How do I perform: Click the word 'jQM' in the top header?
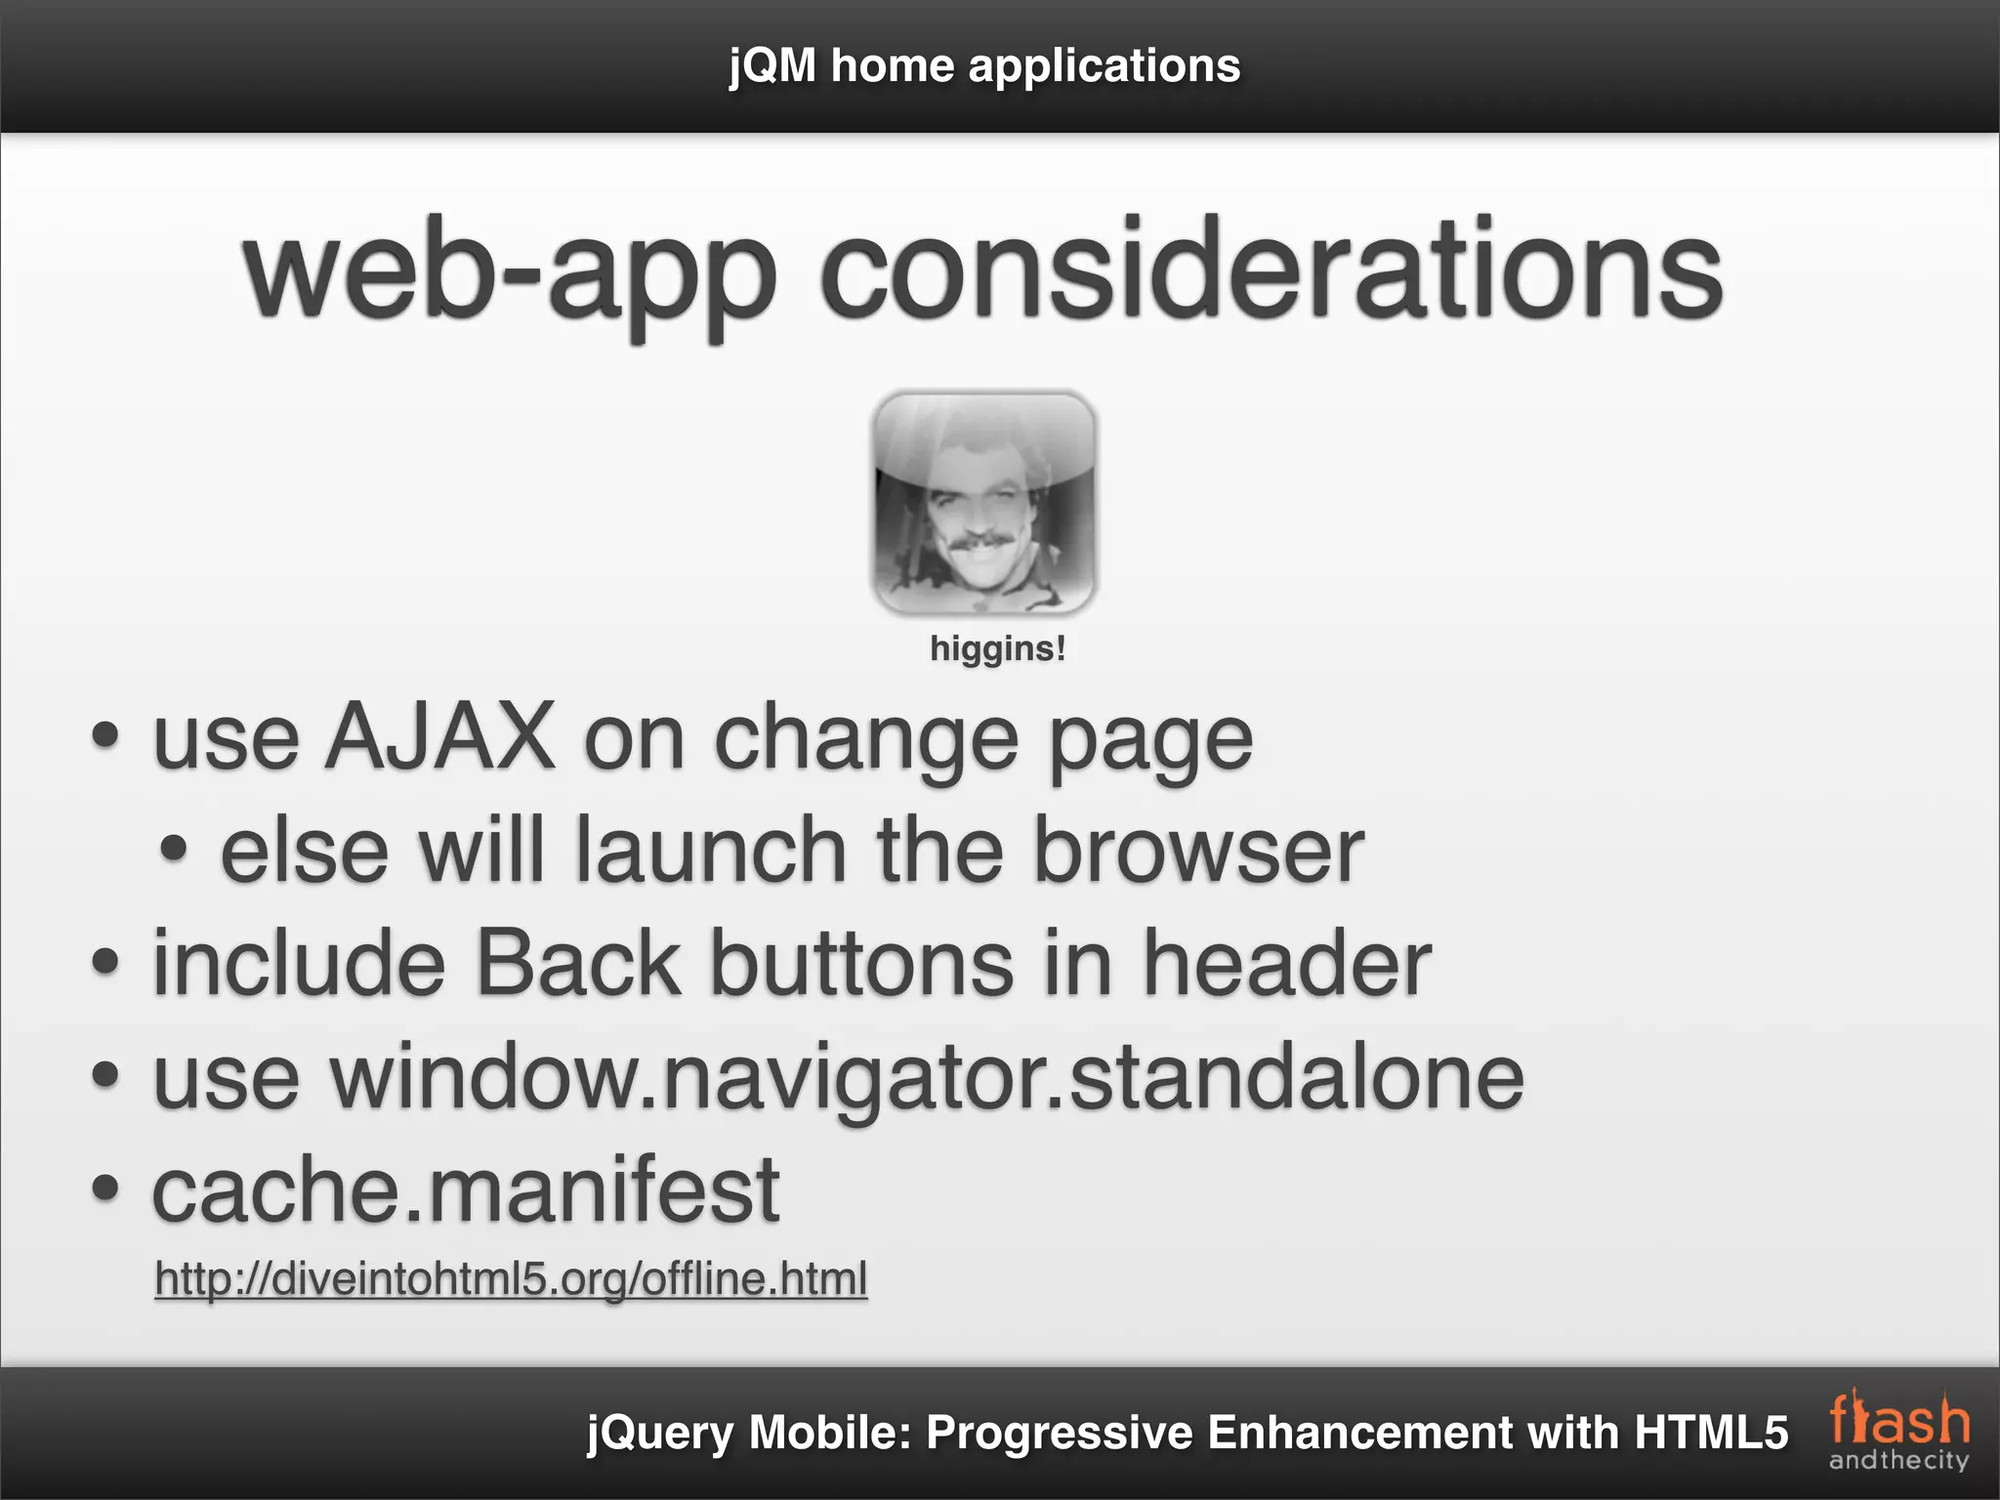point(771,66)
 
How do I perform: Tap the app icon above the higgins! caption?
point(984,502)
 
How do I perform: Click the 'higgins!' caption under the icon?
point(997,648)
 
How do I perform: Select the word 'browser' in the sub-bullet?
point(1198,852)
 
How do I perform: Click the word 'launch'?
point(710,852)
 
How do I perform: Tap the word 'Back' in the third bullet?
point(577,965)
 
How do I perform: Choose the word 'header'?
point(1286,965)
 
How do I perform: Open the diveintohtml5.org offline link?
point(511,1278)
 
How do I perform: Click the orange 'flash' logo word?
point(1898,1422)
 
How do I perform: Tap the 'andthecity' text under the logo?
point(1898,1461)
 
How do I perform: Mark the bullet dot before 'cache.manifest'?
point(104,1189)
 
